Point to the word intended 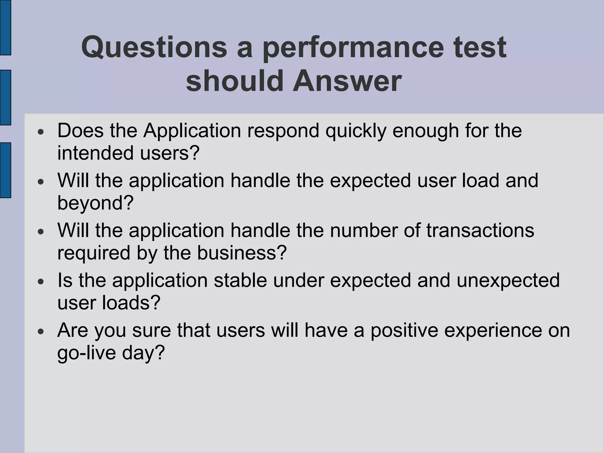95,153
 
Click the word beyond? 95,203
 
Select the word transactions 480,230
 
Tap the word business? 242,253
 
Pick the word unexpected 508,280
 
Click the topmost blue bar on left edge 5,27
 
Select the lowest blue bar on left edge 5,170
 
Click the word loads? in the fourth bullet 131,303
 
